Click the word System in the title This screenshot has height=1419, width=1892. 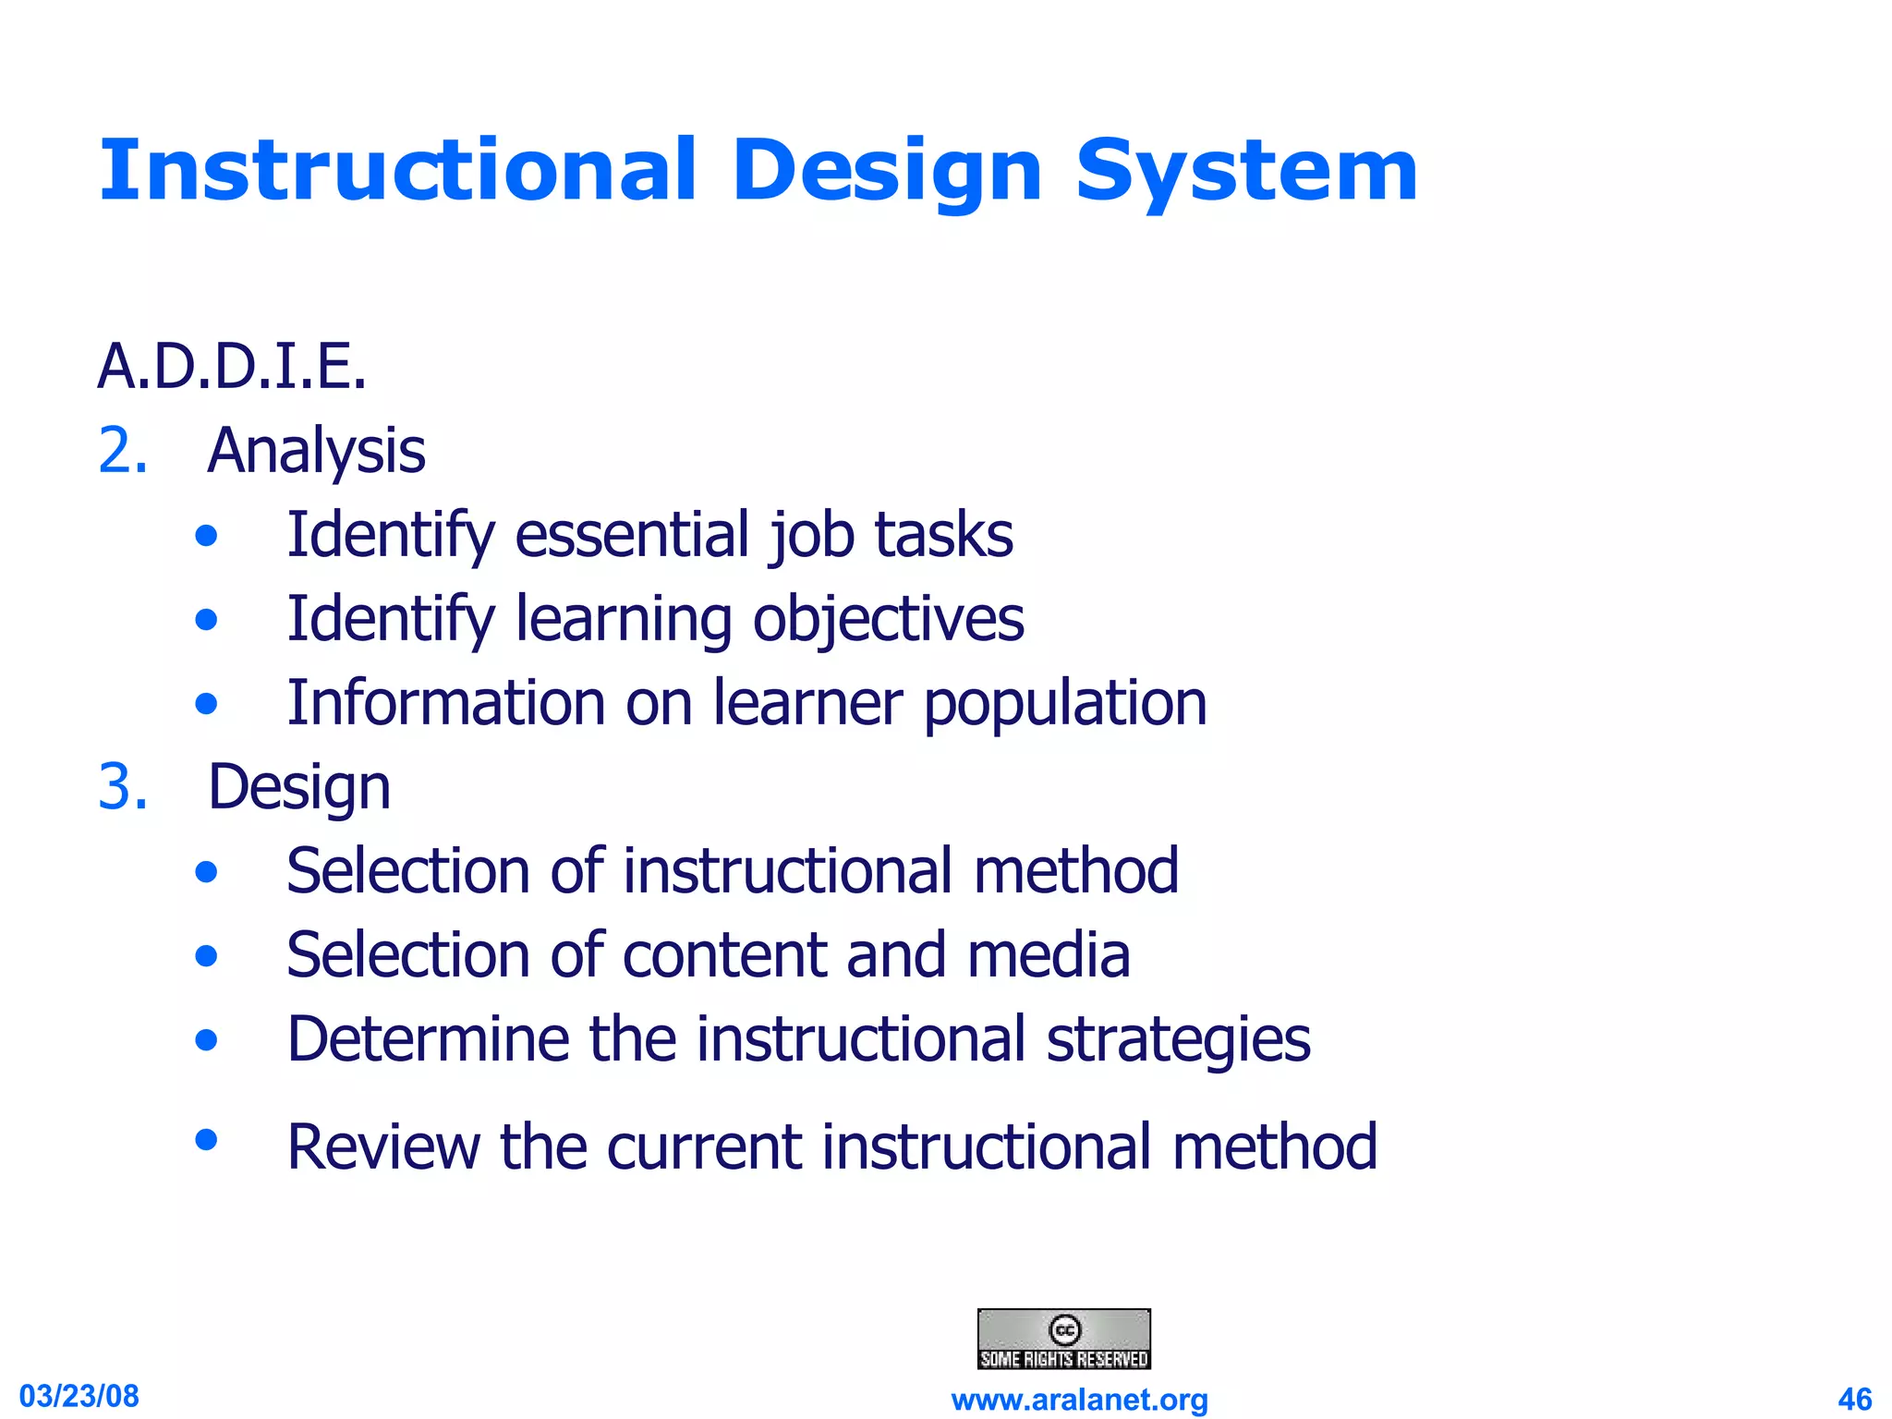click(x=1245, y=172)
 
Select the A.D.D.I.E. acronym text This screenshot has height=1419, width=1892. click(x=232, y=367)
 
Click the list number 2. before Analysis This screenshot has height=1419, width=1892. click(x=123, y=451)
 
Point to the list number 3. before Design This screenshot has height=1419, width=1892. click(x=123, y=787)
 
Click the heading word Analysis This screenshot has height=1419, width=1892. click(x=316, y=451)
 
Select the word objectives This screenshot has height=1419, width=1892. click(x=888, y=619)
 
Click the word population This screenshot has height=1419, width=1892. click(x=1065, y=704)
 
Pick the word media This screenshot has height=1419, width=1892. click(x=1049, y=955)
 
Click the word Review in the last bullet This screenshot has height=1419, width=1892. click(x=382, y=1146)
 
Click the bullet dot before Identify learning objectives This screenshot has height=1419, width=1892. click(x=207, y=619)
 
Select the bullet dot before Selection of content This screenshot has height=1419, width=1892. click(x=207, y=955)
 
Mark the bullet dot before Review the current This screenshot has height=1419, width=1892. click(x=207, y=1139)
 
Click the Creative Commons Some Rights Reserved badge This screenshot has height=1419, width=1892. click(x=1063, y=1339)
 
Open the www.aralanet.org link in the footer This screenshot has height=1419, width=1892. click(x=1079, y=1400)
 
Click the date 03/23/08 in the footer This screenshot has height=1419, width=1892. click(x=79, y=1396)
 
